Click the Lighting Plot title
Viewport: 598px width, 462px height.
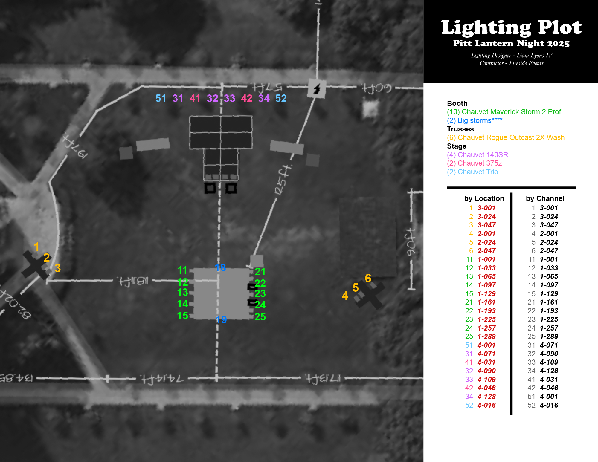(511, 27)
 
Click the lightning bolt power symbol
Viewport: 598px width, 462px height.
(317, 89)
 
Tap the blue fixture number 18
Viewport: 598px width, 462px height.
(220, 267)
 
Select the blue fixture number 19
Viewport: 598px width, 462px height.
(221, 320)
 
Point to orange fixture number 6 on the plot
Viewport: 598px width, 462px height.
(368, 278)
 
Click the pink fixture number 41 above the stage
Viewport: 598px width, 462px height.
(195, 98)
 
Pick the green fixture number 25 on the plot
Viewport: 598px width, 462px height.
(260, 317)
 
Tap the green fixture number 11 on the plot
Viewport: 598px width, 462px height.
(182, 270)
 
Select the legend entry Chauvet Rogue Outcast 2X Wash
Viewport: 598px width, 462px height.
(506, 137)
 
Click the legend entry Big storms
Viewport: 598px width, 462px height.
(475, 120)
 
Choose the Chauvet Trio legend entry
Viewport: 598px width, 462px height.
(472, 172)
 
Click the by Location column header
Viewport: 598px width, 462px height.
(484, 198)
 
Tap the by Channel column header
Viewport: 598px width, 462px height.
(545, 198)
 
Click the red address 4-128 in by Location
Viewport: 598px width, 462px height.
(486, 397)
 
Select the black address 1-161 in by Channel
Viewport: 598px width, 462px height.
(549, 302)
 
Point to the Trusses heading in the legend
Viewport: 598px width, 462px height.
(460, 129)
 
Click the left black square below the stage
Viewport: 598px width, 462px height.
(210, 188)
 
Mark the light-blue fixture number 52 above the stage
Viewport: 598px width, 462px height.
(281, 98)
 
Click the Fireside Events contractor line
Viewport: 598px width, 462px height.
(511, 63)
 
